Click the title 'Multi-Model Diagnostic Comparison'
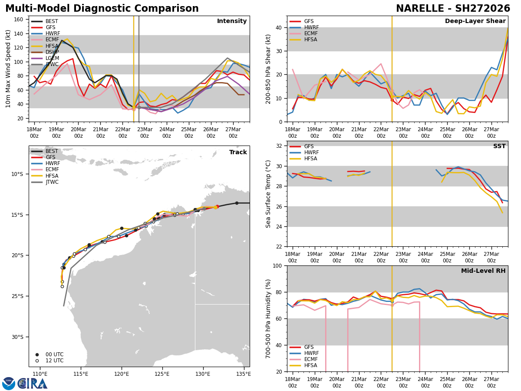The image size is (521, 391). (102, 9)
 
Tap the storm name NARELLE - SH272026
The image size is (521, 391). (453, 9)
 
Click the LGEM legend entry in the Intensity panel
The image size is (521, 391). (53, 58)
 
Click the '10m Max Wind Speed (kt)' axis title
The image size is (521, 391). (8, 69)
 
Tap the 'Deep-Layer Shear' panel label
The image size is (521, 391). (475, 21)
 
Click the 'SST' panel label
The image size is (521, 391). (499, 146)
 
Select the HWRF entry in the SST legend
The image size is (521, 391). (311, 152)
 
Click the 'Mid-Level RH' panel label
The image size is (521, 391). (483, 271)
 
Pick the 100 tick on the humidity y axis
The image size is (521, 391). (278, 266)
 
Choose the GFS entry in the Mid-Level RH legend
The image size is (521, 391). (309, 347)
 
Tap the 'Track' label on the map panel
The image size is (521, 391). (238, 152)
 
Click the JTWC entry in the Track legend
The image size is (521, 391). (52, 182)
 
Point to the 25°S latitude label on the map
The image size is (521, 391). (17, 296)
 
